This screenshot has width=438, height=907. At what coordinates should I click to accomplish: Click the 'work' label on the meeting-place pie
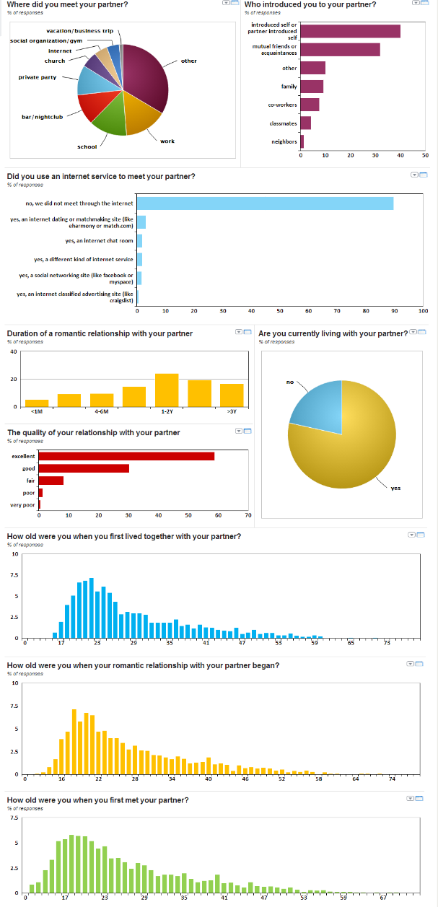coord(167,141)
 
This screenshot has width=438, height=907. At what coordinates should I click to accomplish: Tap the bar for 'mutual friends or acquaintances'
coord(340,49)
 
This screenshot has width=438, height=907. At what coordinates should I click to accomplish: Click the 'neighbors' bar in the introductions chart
coord(302,141)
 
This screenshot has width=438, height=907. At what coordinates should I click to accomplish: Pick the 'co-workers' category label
coord(282,105)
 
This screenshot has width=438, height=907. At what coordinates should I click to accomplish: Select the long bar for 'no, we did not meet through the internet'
coord(265,203)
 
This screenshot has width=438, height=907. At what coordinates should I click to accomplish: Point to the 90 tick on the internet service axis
coord(394,311)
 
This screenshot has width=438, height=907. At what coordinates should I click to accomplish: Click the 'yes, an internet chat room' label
coord(99,240)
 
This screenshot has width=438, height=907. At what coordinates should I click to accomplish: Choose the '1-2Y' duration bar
coord(167,390)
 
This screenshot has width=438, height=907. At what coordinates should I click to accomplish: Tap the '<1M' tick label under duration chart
coord(37,411)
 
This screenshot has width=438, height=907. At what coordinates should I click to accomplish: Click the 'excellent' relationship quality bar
coord(126,456)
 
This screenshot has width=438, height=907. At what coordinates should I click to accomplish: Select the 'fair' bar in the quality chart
coord(51,480)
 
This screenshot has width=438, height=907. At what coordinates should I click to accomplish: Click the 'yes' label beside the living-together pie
coord(395,488)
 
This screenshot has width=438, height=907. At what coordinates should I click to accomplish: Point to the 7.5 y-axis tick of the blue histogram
coord(14,576)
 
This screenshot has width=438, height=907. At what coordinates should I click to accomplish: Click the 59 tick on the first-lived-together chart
coord(315,642)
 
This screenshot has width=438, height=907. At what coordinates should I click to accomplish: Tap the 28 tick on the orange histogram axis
coord(135,779)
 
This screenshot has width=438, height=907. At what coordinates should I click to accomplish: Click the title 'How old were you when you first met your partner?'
coord(97,800)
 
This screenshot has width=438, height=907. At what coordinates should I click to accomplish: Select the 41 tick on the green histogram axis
coord(224,898)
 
